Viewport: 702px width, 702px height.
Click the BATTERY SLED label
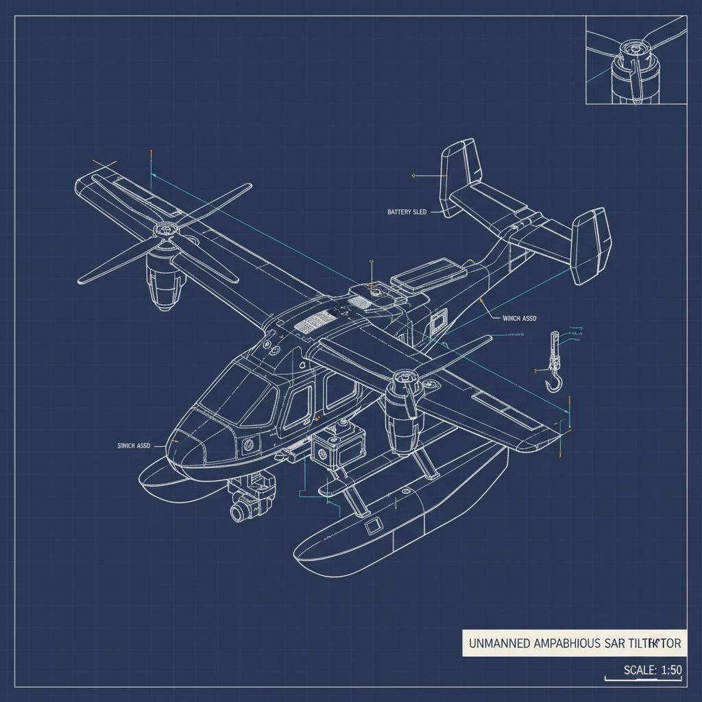[x=407, y=213]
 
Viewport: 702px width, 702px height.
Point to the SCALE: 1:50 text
[x=652, y=670]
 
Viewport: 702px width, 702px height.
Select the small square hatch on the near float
[x=373, y=527]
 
